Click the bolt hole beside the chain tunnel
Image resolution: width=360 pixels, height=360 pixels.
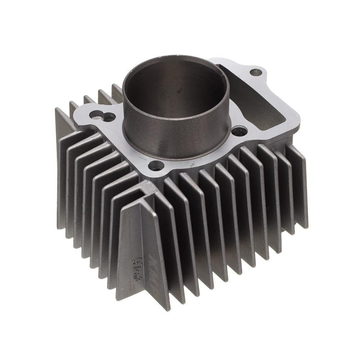[x=256, y=72]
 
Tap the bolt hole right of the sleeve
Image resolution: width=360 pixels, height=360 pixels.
[x=239, y=131]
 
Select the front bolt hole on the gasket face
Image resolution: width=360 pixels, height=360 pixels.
[x=156, y=166]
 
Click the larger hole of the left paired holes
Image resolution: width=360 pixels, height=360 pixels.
[x=109, y=117]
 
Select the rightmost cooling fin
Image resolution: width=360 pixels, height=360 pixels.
[x=299, y=184]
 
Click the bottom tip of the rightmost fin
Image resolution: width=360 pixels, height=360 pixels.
[x=306, y=227]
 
